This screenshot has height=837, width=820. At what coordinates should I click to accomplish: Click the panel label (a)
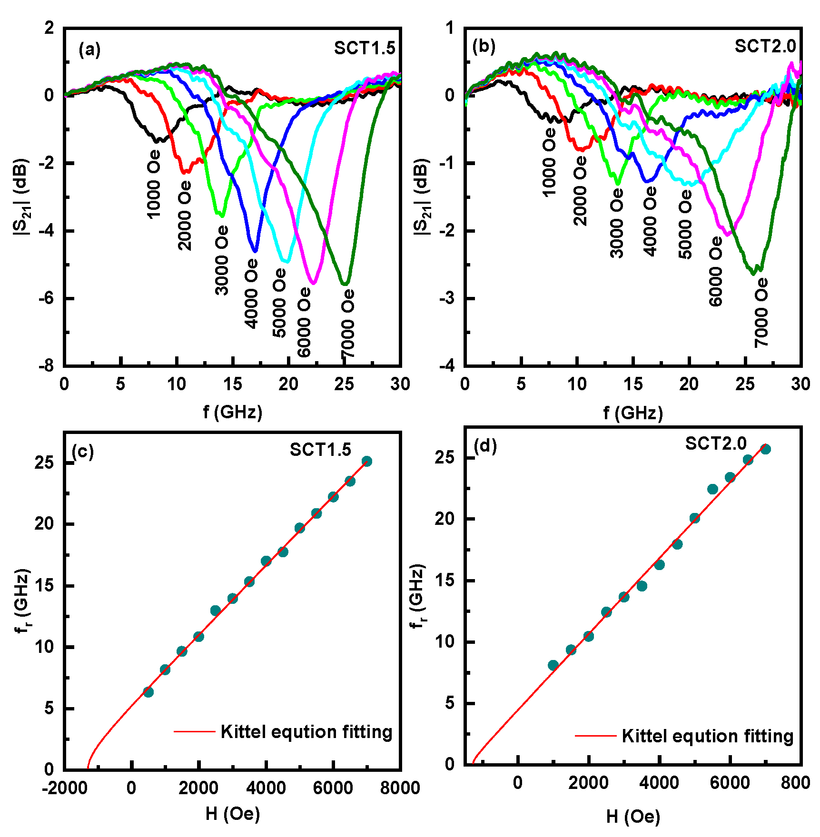tap(89, 49)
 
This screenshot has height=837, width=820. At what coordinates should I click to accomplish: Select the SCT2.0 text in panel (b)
tap(765, 46)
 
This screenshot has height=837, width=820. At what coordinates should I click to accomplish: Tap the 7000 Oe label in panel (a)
tap(348, 324)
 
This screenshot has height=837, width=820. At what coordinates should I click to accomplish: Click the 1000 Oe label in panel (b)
tap(549, 162)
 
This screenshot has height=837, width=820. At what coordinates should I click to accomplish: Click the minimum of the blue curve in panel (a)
tap(255, 250)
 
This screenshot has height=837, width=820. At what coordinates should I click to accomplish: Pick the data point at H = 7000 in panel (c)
tap(366, 461)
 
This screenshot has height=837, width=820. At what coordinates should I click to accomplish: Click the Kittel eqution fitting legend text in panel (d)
tap(707, 736)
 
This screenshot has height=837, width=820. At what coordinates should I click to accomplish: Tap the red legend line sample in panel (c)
tap(194, 731)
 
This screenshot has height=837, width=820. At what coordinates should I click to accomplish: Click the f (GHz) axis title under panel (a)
tap(233, 412)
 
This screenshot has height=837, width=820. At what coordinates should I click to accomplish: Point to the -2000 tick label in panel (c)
tap(65, 788)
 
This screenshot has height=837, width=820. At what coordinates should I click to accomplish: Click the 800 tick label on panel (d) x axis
tap(795, 783)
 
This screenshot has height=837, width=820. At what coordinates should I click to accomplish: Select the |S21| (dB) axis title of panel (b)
tap(423, 197)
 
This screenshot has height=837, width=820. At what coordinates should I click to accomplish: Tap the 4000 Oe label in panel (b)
tap(650, 221)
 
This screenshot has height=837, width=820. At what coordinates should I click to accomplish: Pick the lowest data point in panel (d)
tap(553, 665)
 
